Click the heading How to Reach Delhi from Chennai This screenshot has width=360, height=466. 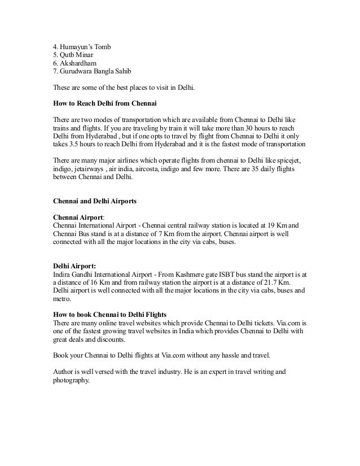(104, 104)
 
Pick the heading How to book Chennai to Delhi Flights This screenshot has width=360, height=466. (109, 314)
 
